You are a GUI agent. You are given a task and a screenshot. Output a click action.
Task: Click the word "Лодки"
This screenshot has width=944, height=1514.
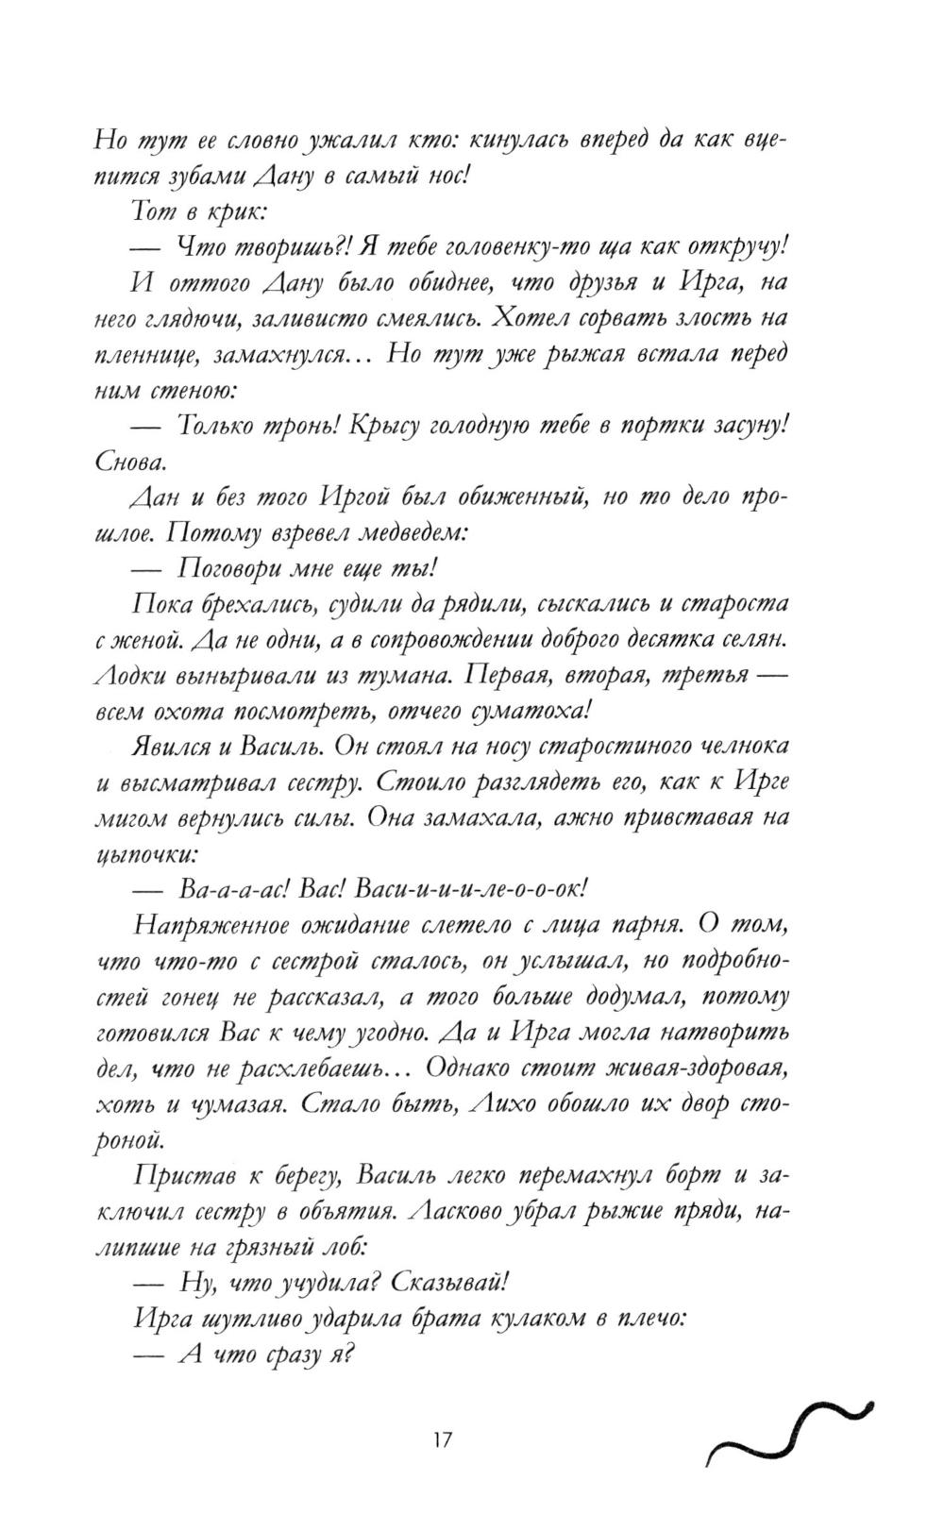click(133, 676)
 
